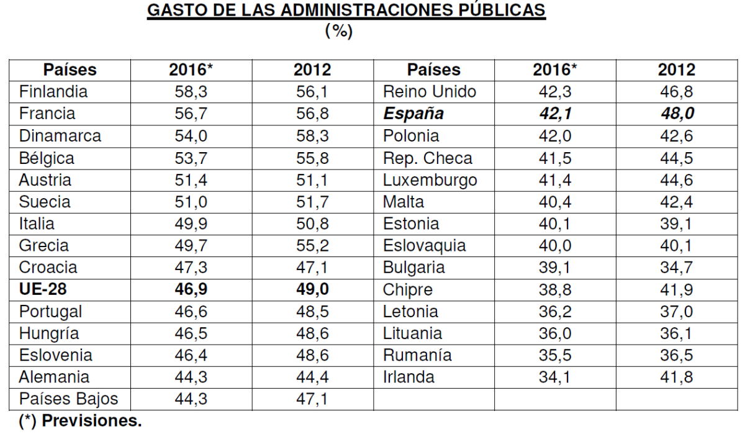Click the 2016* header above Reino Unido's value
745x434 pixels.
554,70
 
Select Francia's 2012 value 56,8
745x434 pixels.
312,115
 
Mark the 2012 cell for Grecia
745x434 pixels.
312,246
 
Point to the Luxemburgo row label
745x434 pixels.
430,181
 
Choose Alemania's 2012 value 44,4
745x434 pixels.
312,376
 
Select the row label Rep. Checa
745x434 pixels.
428,158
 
